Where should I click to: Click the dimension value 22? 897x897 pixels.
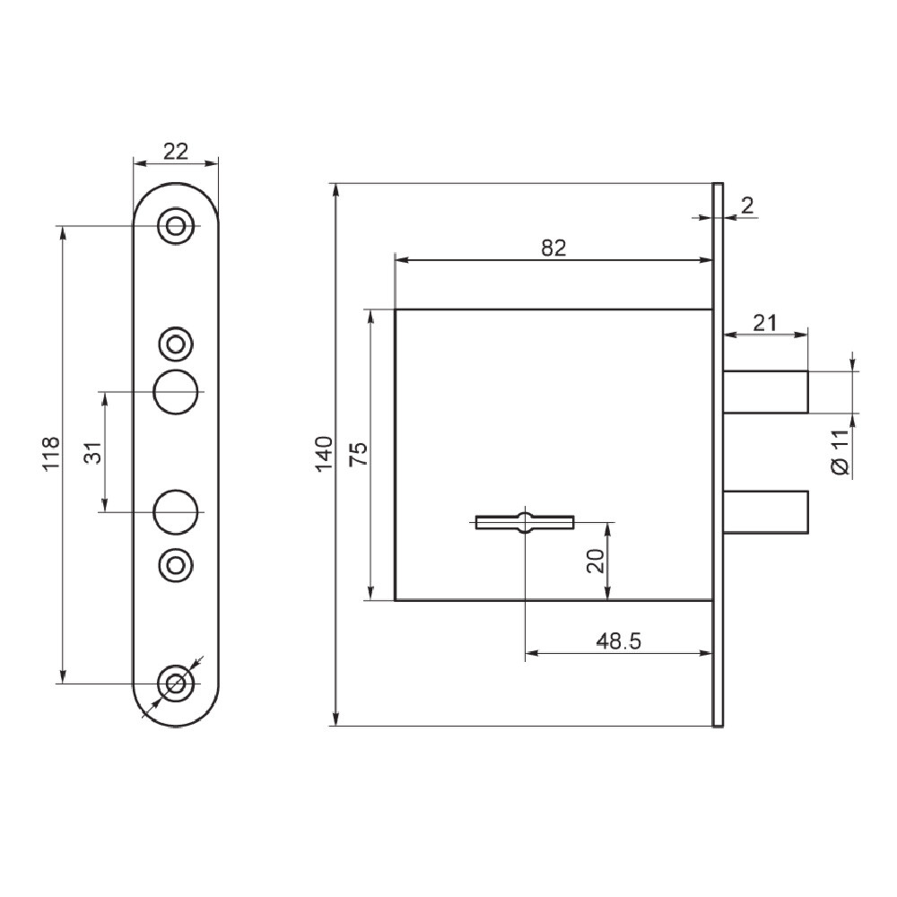(176, 152)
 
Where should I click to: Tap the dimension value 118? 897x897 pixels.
(51, 454)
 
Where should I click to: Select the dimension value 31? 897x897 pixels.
(93, 452)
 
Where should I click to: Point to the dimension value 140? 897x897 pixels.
(324, 454)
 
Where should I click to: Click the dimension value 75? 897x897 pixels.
(359, 454)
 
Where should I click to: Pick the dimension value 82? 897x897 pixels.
(553, 248)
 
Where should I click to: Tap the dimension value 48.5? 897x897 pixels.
(618, 640)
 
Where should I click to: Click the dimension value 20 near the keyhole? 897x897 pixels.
(597, 561)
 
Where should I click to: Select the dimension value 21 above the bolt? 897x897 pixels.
(765, 323)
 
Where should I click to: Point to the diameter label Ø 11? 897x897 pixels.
(840, 452)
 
